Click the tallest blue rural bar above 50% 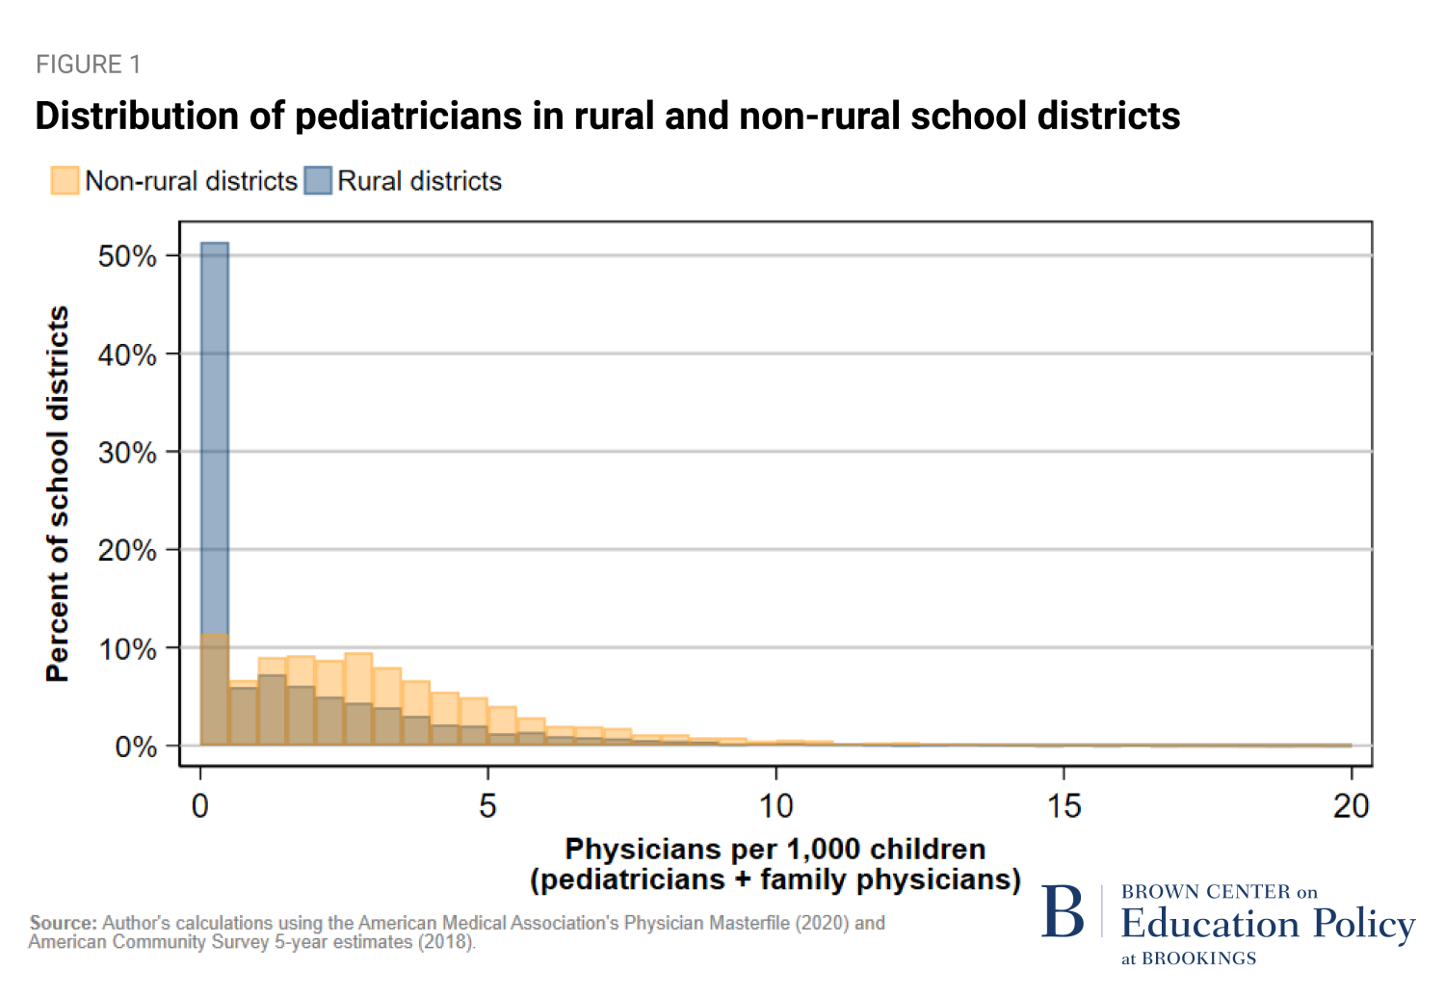tap(214, 433)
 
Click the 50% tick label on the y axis tap(127, 256)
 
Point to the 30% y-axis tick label tap(127, 453)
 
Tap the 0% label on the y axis tap(136, 747)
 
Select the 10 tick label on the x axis tap(775, 805)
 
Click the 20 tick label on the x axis tap(1351, 805)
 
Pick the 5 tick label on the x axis tap(487, 805)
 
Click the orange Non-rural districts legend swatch tap(65, 180)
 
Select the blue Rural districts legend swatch tap(318, 180)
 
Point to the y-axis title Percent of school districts tap(58, 494)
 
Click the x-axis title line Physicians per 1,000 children tap(775, 849)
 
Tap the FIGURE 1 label tap(88, 65)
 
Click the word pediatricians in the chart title tap(408, 116)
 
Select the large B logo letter tap(1063, 912)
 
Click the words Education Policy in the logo tap(1268, 924)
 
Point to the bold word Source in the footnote tap(64, 923)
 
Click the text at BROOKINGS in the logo tap(1189, 958)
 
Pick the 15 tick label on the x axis tap(1064, 805)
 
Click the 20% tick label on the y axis tap(127, 551)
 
